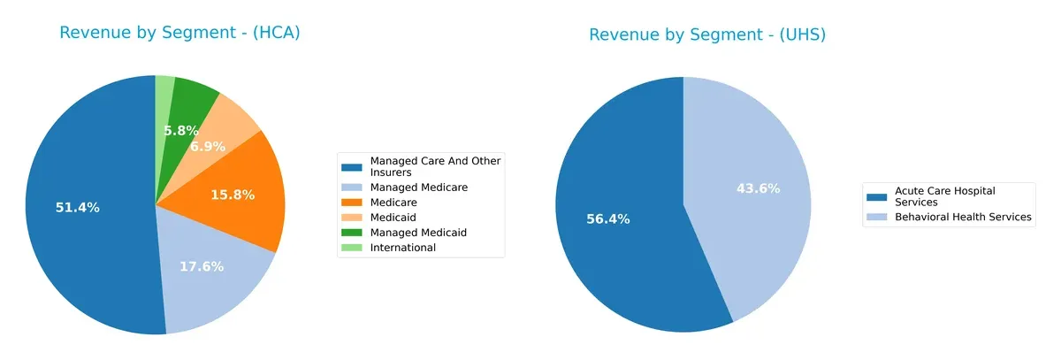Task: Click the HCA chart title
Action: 180,33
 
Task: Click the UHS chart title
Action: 707,34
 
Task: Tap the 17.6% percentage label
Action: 202,266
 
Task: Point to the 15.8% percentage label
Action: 233,195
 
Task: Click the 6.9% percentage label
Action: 208,146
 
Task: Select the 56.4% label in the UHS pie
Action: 608,218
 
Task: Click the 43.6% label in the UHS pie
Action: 759,188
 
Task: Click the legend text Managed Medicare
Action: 418,188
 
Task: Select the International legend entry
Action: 402,248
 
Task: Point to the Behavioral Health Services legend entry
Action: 963,217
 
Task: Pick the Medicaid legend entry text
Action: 394,218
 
